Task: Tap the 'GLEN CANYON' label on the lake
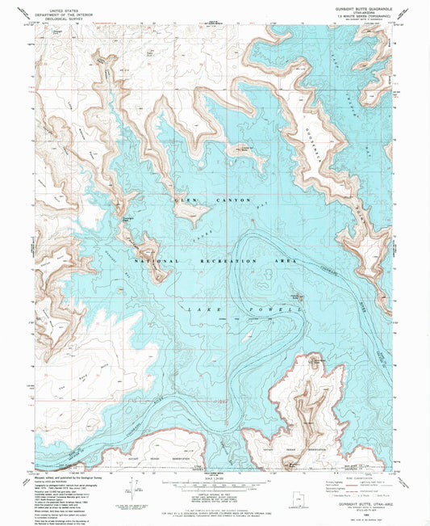[213, 199]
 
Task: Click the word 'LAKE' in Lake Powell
[201, 310]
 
